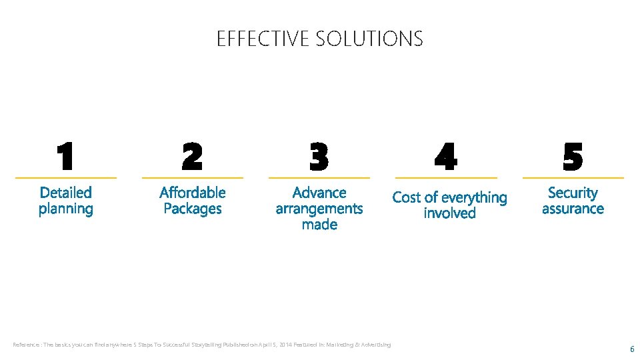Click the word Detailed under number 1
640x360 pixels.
coord(65,193)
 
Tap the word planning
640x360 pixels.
coord(65,209)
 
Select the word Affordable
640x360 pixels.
coord(193,193)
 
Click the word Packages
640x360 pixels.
coord(193,209)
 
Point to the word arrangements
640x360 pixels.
coord(319,209)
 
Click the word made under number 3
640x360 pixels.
coord(319,225)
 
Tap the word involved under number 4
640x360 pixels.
coord(450,213)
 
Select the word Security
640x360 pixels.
coord(573,193)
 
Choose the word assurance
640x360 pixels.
coord(573,209)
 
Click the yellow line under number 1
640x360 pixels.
coord(65,178)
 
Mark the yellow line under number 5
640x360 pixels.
coord(573,178)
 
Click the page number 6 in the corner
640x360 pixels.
coord(632,349)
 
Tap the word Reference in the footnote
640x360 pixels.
coord(25,345)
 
